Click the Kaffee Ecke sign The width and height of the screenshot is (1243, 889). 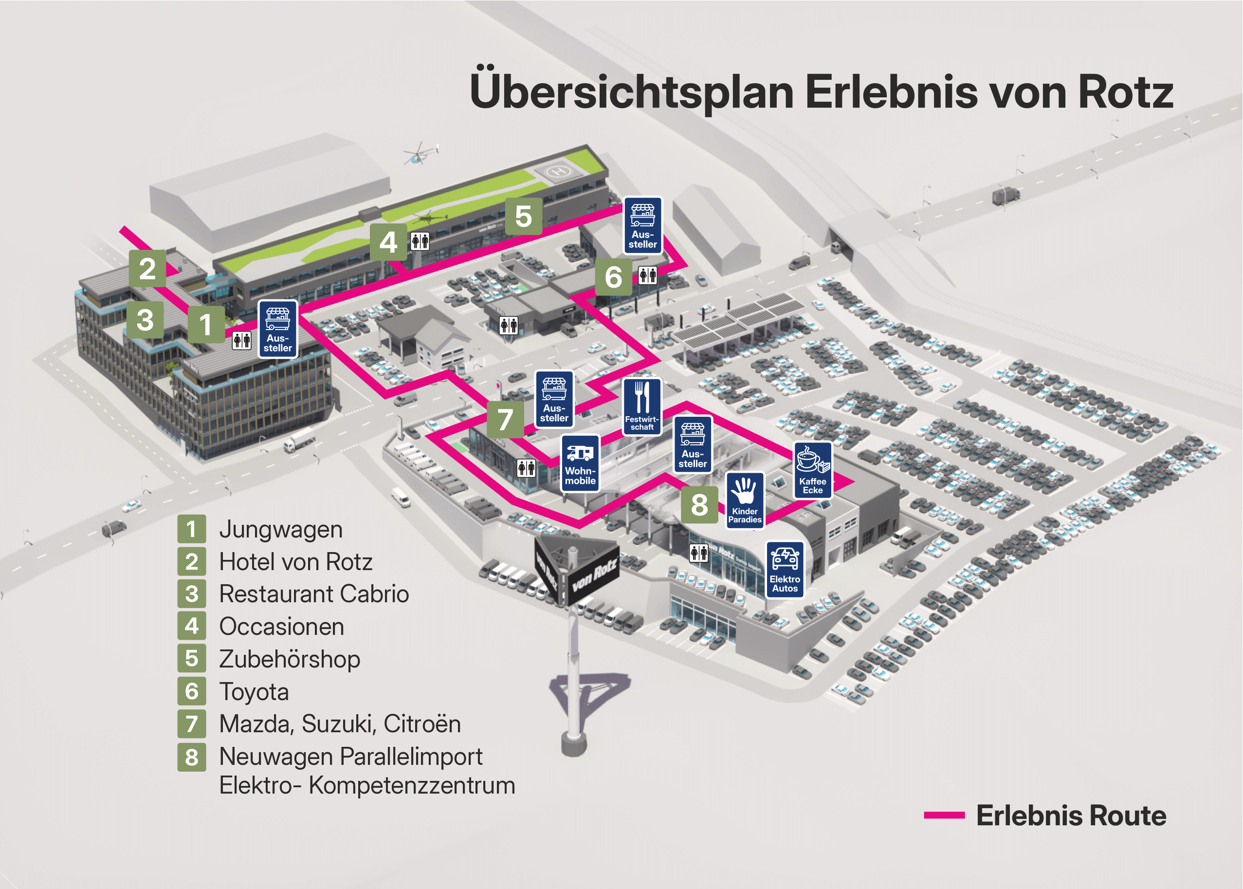pyautogui.click(x=812, y=470)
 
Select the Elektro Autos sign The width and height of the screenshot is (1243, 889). pyautogui.click(x=785, y=569)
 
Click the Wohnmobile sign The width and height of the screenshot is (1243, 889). pyautogui.click(x=580, y=463)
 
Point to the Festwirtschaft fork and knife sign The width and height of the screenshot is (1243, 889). pyautogui.click(x=642, y=406)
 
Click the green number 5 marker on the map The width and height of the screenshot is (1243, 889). pyautogui.click(x=523, y=216)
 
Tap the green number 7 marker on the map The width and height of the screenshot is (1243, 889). pyautogui.click(x=505, y=419)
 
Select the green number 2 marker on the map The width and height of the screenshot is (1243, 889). pyautogui.click(x=147, y=268)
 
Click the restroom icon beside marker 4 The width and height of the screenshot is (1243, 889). pyautogui.click(x=420, y=241)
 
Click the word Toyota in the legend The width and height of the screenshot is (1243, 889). pyautogui.click(x=254, y=691)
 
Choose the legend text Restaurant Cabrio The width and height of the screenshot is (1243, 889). pyautogui.click(x=313, y=594)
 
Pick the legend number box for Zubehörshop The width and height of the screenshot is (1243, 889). pyautogui.click(x=191, y=659)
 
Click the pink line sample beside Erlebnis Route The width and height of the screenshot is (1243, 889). pyautogui.click(x=944, y=815)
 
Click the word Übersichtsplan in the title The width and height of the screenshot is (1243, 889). pyautogui.click(x=631, y=92)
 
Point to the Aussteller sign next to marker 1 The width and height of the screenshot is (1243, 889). pyautogui.click(x=277, y=329)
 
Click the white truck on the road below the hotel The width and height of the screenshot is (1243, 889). pyautogui.click(x=299, y=440)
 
